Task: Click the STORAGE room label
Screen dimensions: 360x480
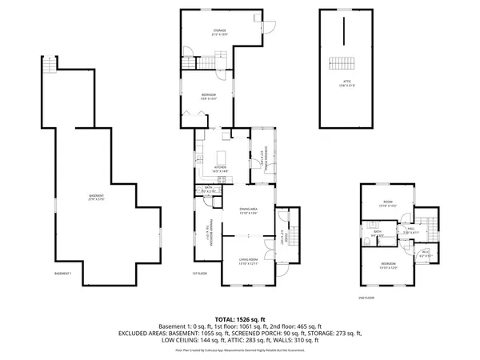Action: point(219,32)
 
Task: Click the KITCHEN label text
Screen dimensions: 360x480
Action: point(220,168)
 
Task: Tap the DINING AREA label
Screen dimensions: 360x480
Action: point(247,210)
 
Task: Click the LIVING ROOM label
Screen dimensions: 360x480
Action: point(247,261)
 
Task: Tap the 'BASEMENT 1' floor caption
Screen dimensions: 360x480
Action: point(63,274)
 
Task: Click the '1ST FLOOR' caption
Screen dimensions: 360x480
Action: point(200,274)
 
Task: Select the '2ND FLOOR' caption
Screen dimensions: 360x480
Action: point(366,298)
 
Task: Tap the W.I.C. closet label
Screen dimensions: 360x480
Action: point(426,253)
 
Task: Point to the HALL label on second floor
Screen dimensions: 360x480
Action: point(410,230)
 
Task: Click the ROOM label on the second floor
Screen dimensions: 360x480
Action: point(388,202)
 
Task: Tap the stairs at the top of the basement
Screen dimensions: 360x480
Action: point(50,66)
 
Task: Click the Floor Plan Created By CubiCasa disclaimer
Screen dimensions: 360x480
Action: point(240,350)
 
